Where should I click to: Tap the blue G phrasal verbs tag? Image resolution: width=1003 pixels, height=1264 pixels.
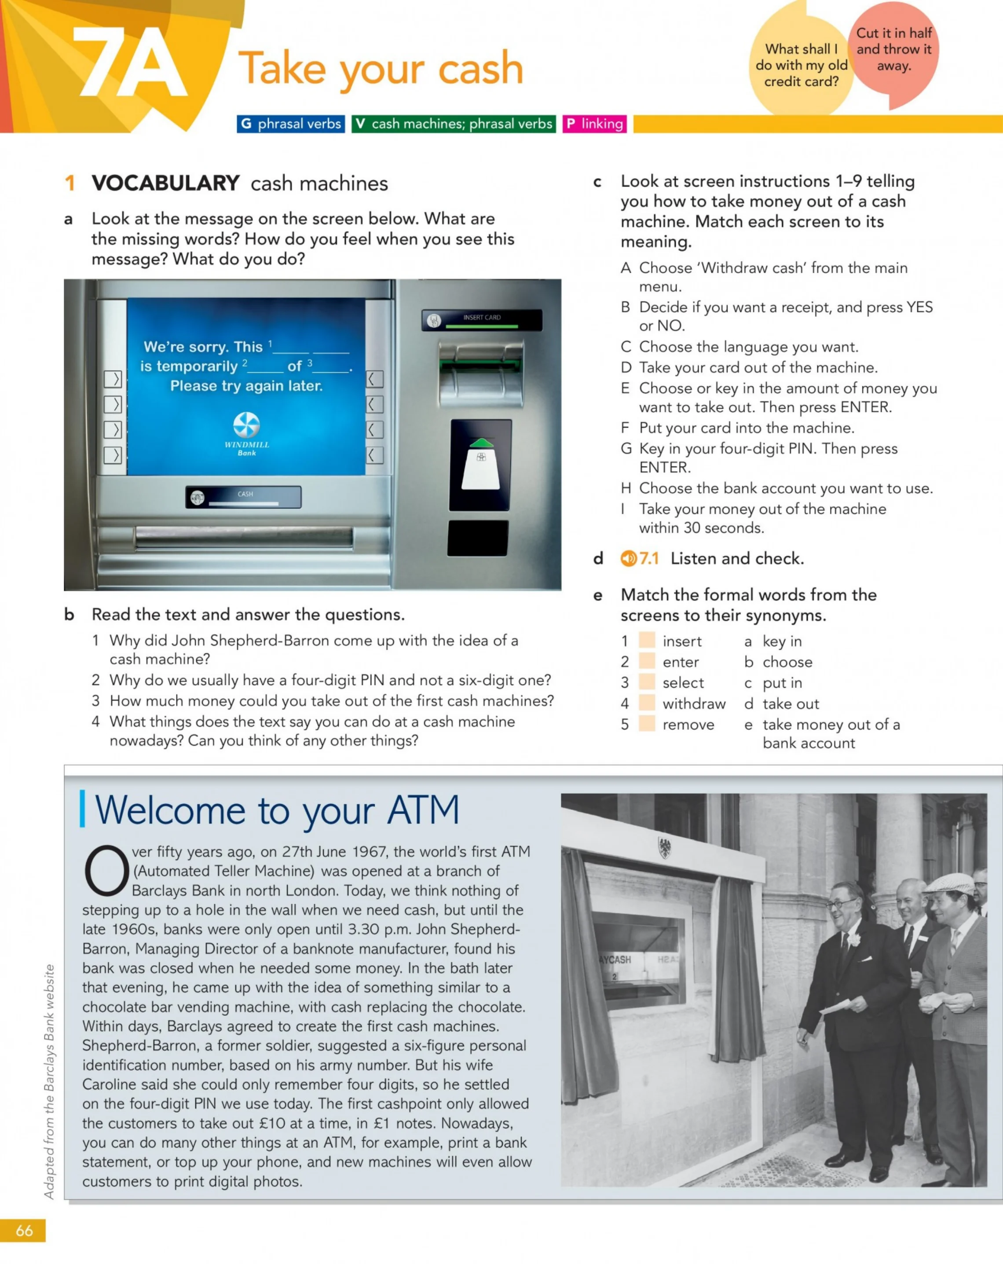[291, 124]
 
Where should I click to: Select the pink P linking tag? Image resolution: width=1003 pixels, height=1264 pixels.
[594, 124]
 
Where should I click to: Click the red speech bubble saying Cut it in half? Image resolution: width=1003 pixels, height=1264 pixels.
[893, 53]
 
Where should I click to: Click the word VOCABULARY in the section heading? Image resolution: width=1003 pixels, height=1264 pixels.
[165, 183]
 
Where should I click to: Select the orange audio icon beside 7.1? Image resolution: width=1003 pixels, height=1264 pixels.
[628, 558]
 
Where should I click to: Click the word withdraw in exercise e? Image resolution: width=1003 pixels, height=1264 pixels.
[694, 703]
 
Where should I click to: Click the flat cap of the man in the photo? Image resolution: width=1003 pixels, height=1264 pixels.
[950, 883]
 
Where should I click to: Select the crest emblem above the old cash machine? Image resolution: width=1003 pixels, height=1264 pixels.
[664, 848]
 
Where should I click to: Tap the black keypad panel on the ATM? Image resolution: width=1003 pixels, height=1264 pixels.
[478, 538]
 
